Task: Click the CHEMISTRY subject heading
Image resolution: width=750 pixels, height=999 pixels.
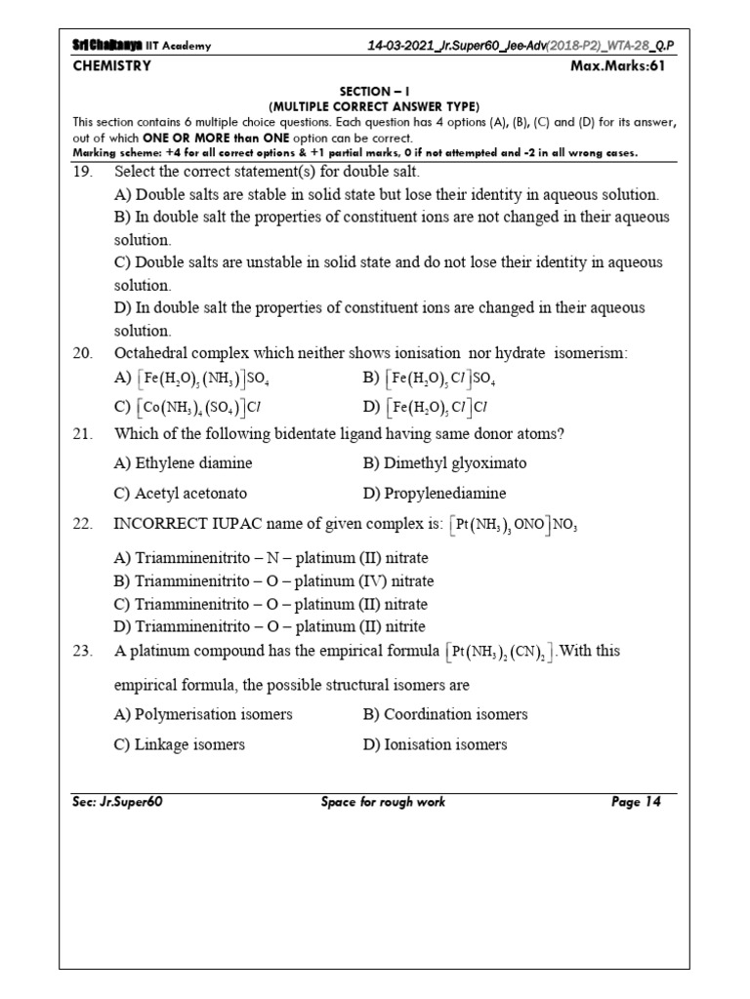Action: click(x=112, y=66)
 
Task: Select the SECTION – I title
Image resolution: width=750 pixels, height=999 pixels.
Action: click(x=374, y=91)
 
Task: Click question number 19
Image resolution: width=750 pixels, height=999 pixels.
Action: click(x=82, y=171)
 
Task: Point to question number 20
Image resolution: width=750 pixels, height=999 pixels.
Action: click(x=82, y=351)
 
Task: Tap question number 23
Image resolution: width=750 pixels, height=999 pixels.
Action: click(x=82, y=651)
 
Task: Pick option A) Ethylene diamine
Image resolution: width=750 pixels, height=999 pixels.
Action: click(x=183, y=462)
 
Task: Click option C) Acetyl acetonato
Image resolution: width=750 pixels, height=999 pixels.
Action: click(x=181, y=493)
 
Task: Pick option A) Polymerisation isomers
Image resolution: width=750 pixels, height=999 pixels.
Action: click(x=203, y=714)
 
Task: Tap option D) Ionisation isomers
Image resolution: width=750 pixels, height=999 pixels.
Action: click(x=435, y=744)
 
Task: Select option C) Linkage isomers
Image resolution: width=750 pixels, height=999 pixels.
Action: click(x=180, y=744)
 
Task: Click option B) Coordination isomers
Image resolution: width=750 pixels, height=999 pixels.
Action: click(x=445, y=714)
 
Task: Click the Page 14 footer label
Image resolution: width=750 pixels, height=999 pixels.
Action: click(x=636, y=802)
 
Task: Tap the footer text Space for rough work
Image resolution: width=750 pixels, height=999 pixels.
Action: click(x=383, y=802)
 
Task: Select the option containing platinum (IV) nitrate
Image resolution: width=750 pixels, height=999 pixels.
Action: click(x=273, y=581)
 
